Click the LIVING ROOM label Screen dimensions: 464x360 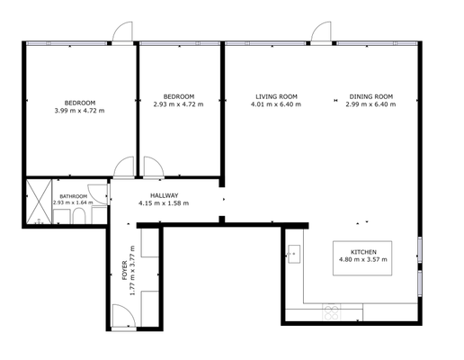[x=276, y=96]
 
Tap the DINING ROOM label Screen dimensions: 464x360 [x=371, y=96]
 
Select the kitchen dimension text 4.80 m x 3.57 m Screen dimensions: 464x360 [x=362, y=259]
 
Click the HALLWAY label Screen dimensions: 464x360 [x=164, y=195]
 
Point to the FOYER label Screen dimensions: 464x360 [x=125, y=271]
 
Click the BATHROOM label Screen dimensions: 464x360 [x=74, y=196]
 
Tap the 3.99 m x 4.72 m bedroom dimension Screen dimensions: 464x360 [x=79, y=111]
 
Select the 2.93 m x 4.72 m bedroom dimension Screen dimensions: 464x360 [x=178, y=104]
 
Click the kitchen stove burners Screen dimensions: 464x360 [x=332, y=312]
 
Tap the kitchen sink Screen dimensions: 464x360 [x=294, y=254]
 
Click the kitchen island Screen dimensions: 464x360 [x=362, y=258]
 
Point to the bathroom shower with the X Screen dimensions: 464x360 [x=39, y=202]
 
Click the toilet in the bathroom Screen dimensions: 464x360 [x=79, y=216]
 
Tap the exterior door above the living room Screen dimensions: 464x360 [x=321, y=32]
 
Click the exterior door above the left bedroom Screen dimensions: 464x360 [x=122, y=32]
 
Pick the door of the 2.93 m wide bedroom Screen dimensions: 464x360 [x=154, y=166]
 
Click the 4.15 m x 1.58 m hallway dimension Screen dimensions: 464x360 [x=164, y=203]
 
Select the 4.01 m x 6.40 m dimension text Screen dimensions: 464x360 [x=276, y=104]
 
